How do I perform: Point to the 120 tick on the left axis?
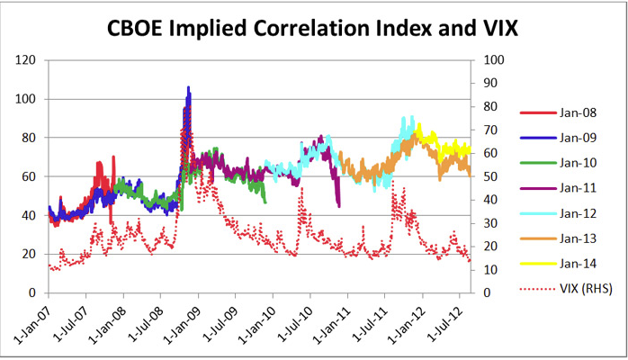[x=28, y=60]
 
